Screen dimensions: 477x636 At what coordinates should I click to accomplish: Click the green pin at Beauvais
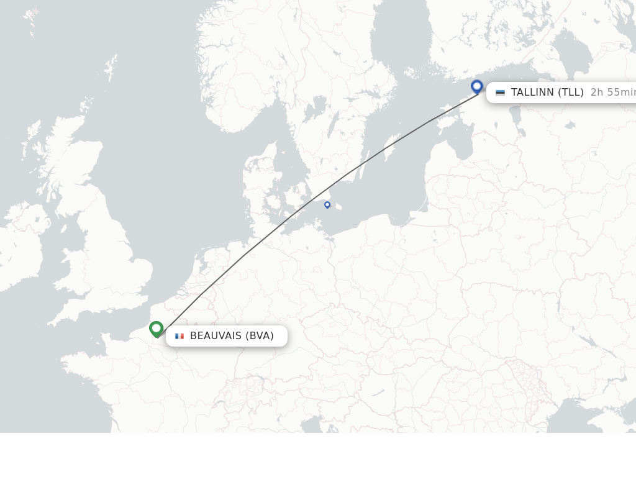coord(157,328)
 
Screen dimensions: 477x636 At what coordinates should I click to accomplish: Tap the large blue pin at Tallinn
coord(477,86)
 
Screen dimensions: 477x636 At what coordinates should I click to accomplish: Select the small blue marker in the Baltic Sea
coord(327,204)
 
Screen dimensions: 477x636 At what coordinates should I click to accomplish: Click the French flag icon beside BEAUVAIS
coord(179,336)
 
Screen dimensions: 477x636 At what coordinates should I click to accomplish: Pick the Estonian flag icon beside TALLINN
coord(500,93)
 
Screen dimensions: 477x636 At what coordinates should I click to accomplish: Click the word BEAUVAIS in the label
coord(216,336)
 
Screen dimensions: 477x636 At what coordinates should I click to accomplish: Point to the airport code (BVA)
coord(260,336)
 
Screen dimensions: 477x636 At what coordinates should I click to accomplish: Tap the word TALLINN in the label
coord(532,93)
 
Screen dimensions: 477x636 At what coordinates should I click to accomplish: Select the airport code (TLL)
coord(571,93)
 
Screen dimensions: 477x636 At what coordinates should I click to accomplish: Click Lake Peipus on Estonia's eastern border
coord(516,115)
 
